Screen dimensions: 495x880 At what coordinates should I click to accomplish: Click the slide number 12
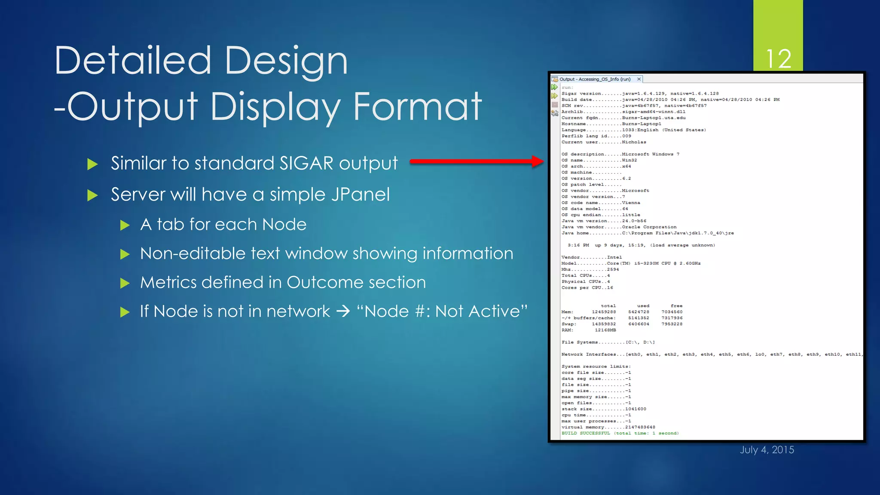click(x=778, y=59)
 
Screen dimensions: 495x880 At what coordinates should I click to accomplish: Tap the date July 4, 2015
click(x=767, y=449)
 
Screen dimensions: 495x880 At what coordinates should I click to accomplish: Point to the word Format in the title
click(x=417, y=106)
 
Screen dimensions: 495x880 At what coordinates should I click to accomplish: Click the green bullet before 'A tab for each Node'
click(x=125, y=225)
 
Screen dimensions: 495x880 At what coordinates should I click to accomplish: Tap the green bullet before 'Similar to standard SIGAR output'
click(x=92, y=164)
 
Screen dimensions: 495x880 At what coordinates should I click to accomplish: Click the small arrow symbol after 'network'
click(x=343, y=311)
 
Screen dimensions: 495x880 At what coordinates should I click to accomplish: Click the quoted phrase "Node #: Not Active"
click(x=442, y=311)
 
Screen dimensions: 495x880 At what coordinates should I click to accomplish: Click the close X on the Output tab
click(x=639, y=79)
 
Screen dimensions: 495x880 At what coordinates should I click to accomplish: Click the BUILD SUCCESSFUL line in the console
click(x=620, y=433)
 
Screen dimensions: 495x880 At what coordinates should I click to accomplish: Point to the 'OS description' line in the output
click(x=620, y=154)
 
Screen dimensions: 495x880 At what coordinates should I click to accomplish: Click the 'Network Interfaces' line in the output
click(x=645, y=354)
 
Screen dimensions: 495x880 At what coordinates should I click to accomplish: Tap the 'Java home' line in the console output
click(x=647, y=233)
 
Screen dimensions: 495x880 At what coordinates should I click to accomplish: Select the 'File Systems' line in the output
click(x=608, y=342)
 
